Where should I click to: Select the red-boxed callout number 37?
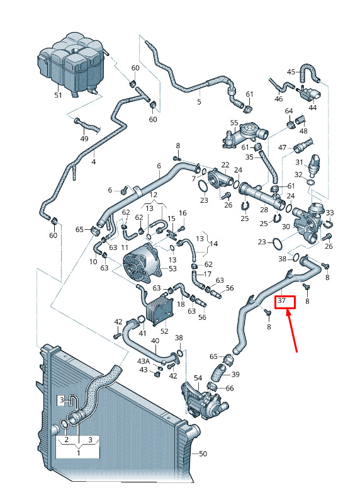click(281, 300)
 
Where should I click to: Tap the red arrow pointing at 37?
click(292, 331)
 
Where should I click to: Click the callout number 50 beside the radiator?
click(203, 453)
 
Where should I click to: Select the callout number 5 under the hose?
click(199, 102)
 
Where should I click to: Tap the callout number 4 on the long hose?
click(93, 162)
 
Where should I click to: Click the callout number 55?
click(233, 122)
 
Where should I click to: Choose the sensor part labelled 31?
click(315, 166)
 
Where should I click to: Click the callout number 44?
click(312, 108)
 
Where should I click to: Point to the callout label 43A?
click(143, 361)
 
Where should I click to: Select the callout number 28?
click(264, 210)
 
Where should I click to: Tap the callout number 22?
click(225, 164)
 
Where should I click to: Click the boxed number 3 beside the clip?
click(62, 401)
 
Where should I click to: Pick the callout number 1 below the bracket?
click(78, 453)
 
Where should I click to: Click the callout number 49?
click(84, 139)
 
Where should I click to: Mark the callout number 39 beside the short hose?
click(235, 374)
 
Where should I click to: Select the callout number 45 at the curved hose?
click(291, 72)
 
